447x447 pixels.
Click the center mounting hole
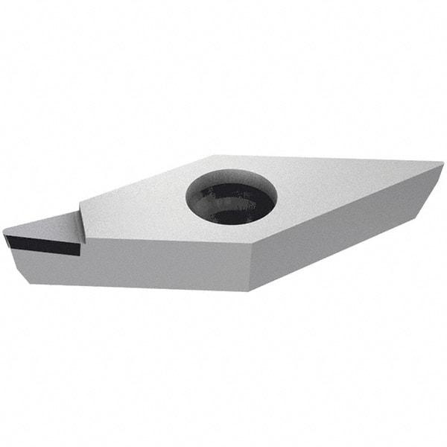[231, 197]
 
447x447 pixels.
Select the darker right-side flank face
[343, 231]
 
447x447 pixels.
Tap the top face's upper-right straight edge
[328, 161]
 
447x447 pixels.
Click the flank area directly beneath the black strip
[45, 267]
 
